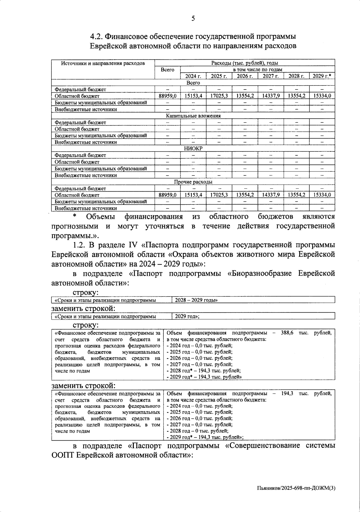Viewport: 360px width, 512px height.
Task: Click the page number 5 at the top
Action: pyautogui.click(x=193, y=19)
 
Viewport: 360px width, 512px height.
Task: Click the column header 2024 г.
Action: pyautogui.click(x=193, y=76)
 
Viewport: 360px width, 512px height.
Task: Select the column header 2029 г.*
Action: pyautogui.click(x=322, y=76)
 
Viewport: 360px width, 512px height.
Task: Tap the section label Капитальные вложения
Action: pyautogui.click(x=193, y=116)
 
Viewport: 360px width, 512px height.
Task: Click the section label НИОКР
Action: pyautogui.click(x=193, y=149)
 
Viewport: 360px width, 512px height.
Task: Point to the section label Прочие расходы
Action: pyautogui.click(x=193, y=182)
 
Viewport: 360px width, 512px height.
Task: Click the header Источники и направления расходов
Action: pyautogui.click(x=103, y=63)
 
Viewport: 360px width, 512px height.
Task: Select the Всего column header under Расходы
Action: pyautogui.click(x=167, y=70)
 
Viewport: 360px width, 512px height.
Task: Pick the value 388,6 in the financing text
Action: pyautogui.click(x=287, y=333)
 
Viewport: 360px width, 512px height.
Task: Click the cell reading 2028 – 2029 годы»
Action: pyautogui.click(x=196, y=300)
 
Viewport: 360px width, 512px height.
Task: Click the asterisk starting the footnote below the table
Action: pyautogui.click(x=75, y=216)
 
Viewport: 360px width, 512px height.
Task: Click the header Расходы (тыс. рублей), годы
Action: pyautogui.click(x=244, y=63)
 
